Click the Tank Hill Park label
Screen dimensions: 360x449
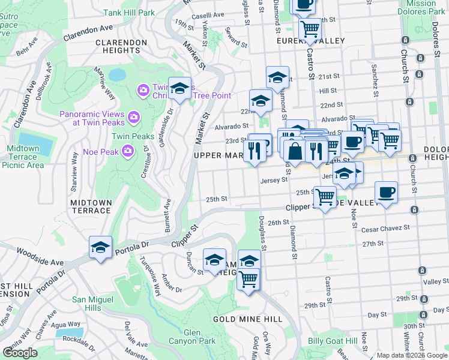click(x=128, y=12)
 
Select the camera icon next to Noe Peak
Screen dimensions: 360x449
click(x=127, y=150)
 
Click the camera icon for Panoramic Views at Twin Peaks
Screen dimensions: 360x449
click(x=133, y=115)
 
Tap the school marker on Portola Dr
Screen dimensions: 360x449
click(x=101, y=247)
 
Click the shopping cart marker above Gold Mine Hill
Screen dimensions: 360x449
click(x=249, y=278)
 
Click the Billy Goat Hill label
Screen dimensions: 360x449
click(x=333, y=341)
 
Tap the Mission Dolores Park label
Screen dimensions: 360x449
click(x=425, y=8)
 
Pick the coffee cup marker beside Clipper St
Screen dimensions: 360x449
click(x=386, y=193)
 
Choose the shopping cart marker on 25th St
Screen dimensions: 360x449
click(x=325, y=196)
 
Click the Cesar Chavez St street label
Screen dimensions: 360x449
click(x=385, y=228)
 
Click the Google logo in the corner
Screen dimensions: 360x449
click(x=20, y=353)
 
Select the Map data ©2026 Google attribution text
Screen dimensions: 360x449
click(x=411, y=355)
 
